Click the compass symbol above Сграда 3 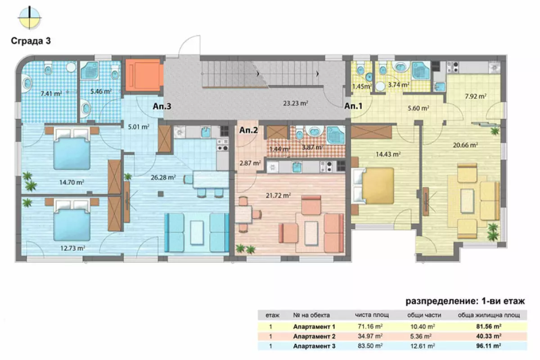[x=29, y=18]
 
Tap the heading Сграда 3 [x=31, y=41]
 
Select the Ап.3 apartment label [x=162, y=106]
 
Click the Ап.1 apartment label [x=353, y=106]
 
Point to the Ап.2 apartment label [x=248, y=130]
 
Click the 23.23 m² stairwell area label [x=296, y=103]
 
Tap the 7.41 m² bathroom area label [x=51, y=93]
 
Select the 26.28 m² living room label [x=163, y=177]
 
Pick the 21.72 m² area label [x=278, y=195]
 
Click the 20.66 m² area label [x=465, y=145]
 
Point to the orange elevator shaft [x=144, y=75]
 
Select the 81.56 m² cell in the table [x=489, y=327]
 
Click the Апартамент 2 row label [x=314, y=336]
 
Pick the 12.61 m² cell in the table [x=423, y=346]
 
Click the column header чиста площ [x=372, y=315]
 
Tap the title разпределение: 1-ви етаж [x=465, y=301]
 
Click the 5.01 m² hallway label [x=139, y=126]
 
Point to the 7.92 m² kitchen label [x=475, y=96]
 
